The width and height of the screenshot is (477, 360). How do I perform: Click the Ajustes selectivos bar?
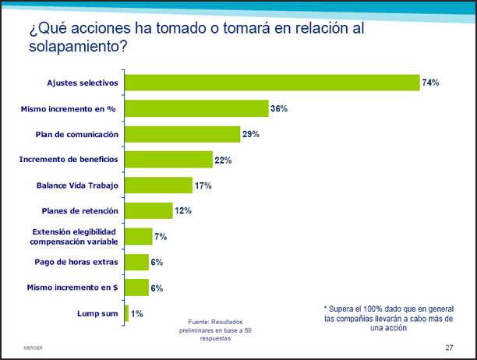pos(273,83)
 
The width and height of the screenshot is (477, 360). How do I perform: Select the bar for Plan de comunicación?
pos(183,134)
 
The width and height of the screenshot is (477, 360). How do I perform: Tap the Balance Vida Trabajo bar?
pos(159,185)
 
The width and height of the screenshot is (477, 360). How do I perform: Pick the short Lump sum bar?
pos(126,313)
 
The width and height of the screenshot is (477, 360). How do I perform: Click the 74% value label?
pos(431,83)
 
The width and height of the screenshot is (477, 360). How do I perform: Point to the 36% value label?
pos(279,108)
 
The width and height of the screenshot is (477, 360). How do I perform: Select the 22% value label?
pos(224,160)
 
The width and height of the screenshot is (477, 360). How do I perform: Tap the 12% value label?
pos(182,210)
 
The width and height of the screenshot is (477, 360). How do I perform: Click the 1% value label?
pos(137,313)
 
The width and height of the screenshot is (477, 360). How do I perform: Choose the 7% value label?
pos(161,236)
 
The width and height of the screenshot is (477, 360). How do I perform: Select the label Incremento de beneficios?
pos(69,160)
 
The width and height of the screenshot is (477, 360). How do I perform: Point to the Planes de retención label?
pos(79,210)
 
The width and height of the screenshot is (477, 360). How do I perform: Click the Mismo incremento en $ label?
pos(72,287)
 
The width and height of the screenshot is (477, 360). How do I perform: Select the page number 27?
pos(449,347)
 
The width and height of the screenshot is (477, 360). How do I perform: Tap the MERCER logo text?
pos(33,347)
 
